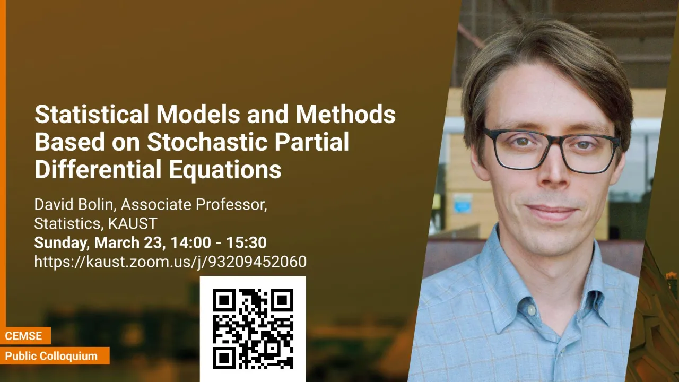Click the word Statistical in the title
tap(92, 114)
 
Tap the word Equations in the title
tap(225, 170)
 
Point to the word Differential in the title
tap(98, 169)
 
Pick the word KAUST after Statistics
tap(133, 223)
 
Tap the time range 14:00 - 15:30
tap(219, 242)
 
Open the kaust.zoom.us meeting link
tap(170, 262)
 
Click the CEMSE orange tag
tap(24, 336)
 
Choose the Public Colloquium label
tap(51, 356)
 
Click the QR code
tap(253, 329)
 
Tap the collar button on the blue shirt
tap(532, 310)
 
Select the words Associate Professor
tap(194, 205)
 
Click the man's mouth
tap(552, 211)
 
